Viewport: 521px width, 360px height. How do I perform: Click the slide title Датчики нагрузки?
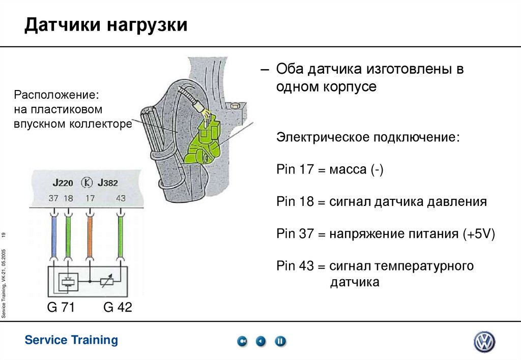pos(106,24)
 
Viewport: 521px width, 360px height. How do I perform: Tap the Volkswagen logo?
pos(484,342)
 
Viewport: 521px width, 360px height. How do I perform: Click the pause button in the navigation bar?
pos(280,341)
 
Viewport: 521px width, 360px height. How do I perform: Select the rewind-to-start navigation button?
pos(243,341)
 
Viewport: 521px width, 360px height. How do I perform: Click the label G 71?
pos(61,307)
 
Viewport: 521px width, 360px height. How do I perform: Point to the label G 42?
pos(118,307)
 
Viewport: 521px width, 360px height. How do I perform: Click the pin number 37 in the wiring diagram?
pos(53,198)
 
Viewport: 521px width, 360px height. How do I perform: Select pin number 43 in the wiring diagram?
pos(121,198)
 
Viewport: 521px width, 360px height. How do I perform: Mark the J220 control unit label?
pos(63,183)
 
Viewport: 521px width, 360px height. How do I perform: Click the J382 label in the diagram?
pos(107,183)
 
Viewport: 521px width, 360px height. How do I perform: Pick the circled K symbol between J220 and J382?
pos(87,183)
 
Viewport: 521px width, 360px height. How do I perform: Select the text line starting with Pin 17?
pos(330,169)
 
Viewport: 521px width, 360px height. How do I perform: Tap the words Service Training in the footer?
pos(71,340)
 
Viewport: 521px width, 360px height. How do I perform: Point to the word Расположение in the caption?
pos(56,95)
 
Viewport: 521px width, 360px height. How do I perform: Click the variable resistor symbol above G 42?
pos(106,281)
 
